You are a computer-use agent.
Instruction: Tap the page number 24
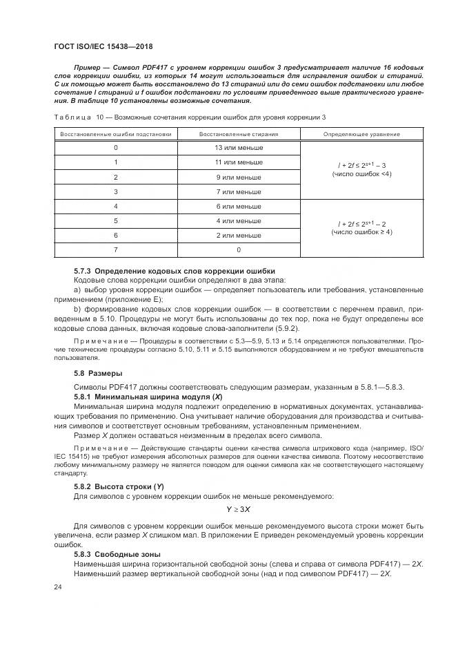57,587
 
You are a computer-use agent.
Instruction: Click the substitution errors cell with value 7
115,249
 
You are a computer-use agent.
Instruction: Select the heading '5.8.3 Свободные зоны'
117,555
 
